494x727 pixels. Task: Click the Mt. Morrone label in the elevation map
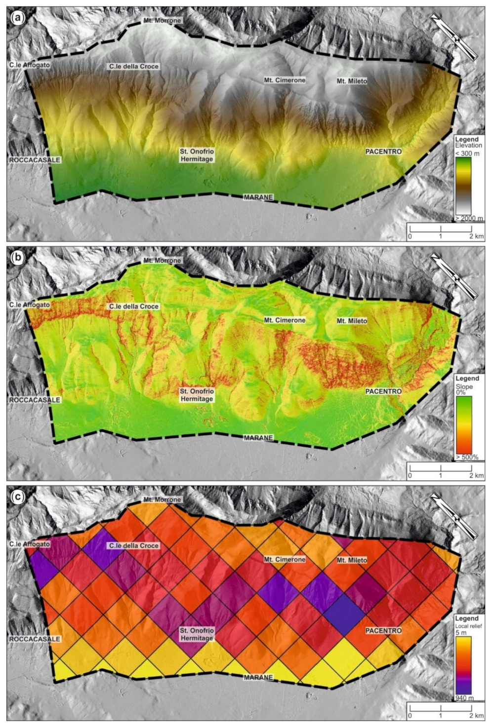pos(162,21)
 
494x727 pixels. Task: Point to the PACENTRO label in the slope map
pos(383,391)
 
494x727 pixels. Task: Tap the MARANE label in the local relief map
pos(258,678)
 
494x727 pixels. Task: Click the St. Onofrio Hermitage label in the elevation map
pos(197,155)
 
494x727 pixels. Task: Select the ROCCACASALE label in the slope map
pos(35,400)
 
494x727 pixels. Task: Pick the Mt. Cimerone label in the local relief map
pos(285,560)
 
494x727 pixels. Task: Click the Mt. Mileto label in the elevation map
pos(352,81)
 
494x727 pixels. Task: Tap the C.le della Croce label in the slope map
pos(134,306)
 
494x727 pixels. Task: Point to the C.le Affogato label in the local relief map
pos(30,544)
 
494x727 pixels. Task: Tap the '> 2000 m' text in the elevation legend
pos(469,218)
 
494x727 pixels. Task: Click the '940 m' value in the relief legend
pos(464,698)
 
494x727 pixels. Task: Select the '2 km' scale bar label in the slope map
pos(476,476)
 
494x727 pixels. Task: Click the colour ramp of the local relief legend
pos(463,665)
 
